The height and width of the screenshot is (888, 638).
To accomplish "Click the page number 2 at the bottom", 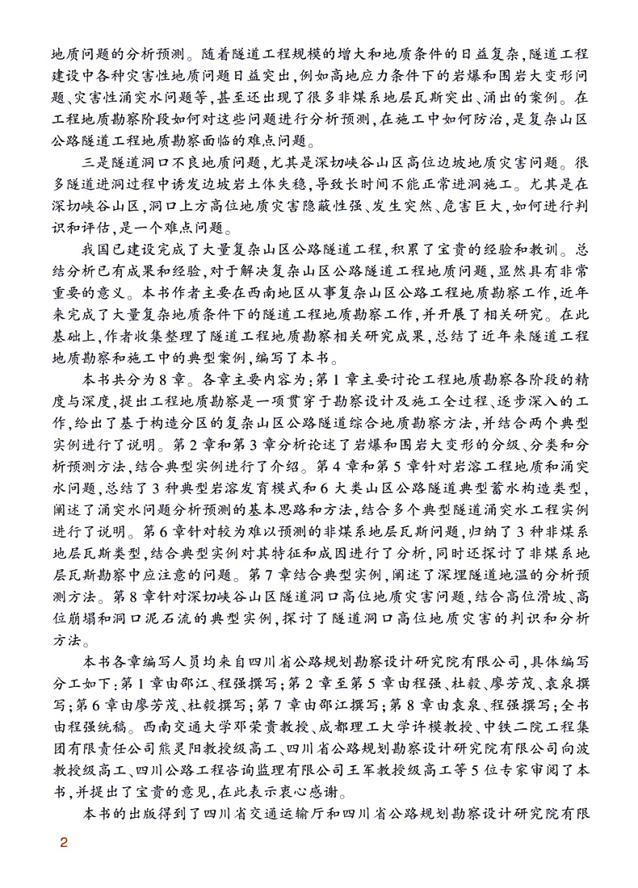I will (64, 844).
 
